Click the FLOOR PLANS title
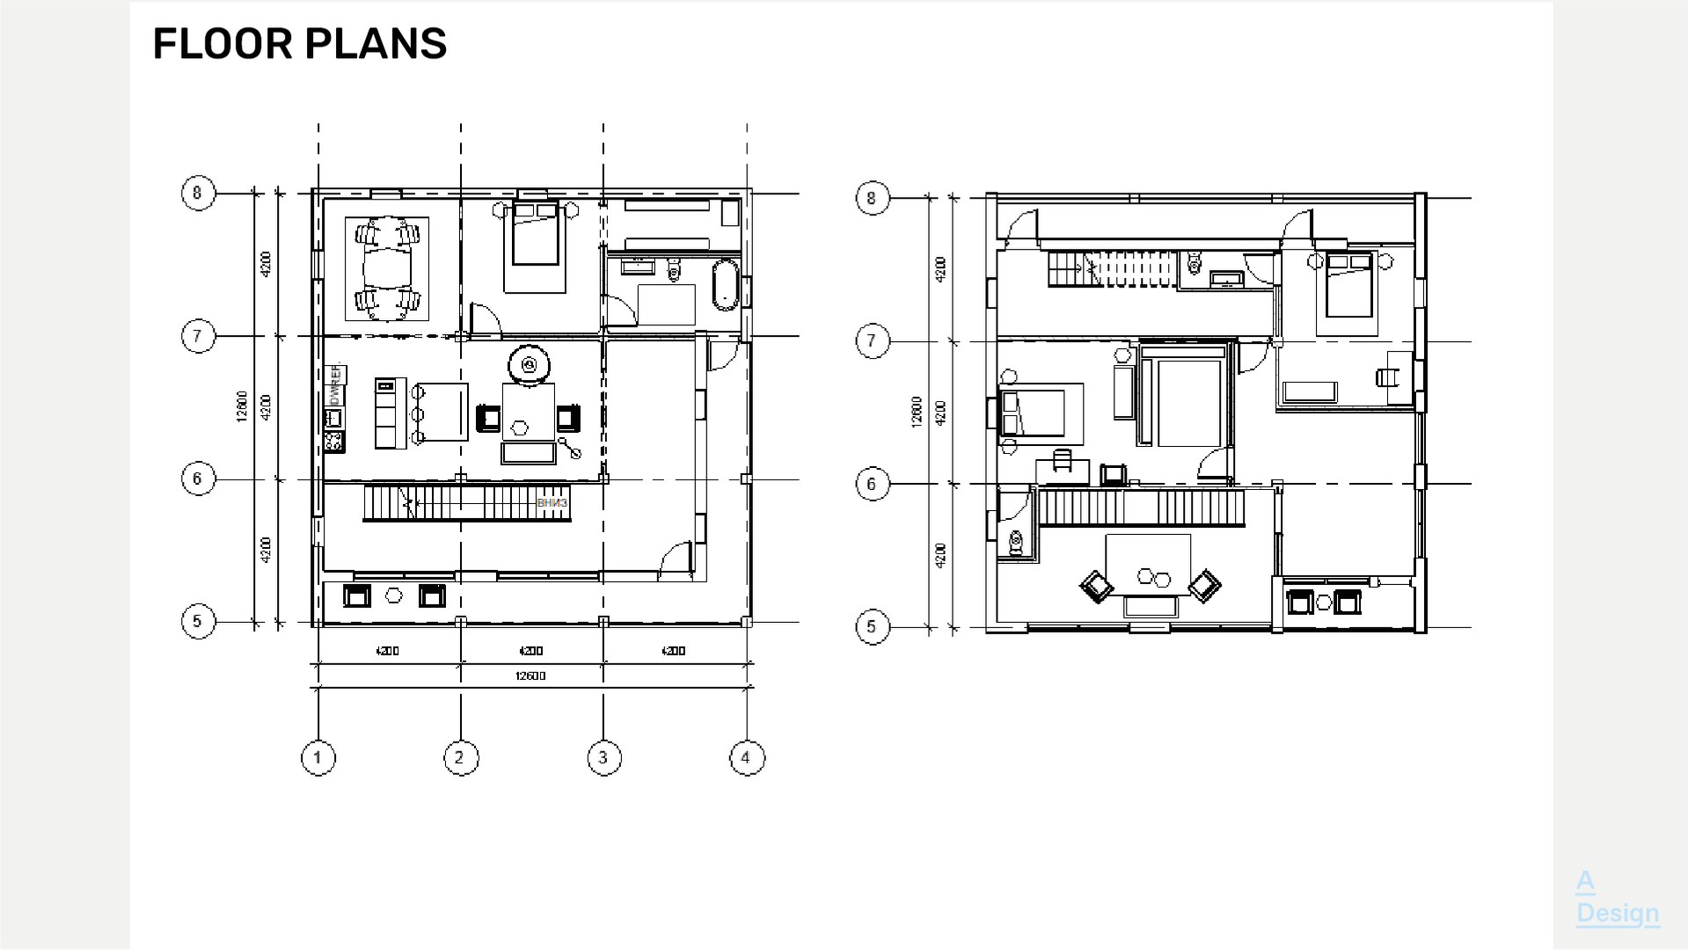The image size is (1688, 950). [x=299, y=44]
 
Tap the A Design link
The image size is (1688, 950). [x=1617, y=897]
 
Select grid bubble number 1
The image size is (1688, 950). [x=318, y=757]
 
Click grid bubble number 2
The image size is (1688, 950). [x=460, y=757]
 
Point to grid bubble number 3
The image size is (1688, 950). [x=603, y=757]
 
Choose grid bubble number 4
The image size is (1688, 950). [x=747, y=757]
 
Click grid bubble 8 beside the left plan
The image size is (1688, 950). [x=198, y=193]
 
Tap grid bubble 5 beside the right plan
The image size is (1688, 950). [x=872, y=626]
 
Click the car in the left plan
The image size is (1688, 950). [x=387, y=268]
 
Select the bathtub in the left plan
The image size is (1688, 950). [x=724, y=284]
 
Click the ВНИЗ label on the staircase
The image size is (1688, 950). [x=552, y=503]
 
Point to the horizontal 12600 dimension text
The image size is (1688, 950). [x=530, y=676]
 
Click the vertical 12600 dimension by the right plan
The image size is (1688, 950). [x=917, y=412]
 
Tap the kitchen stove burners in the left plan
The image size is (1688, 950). [x=333, y=442]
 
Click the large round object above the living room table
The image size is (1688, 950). [x=529, y=364]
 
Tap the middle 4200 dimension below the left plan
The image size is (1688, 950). [x=530, y=651]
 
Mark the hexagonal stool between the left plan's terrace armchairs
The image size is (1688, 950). [x=394, y=596]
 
